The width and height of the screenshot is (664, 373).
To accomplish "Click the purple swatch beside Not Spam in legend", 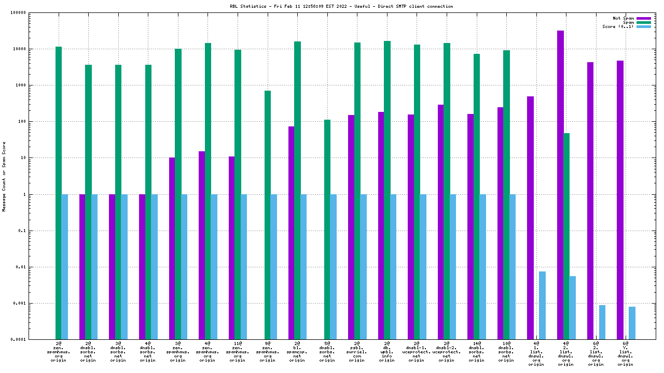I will point(643,18).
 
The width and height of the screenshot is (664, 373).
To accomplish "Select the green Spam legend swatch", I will point(643,22).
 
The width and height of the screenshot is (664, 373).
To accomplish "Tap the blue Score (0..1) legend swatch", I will point(643,26).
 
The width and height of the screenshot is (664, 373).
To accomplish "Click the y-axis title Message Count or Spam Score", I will point(5,176).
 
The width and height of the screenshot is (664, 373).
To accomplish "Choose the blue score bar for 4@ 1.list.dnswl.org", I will point(542,305).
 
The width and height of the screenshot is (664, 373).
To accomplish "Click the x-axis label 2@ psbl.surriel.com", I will point(357,352).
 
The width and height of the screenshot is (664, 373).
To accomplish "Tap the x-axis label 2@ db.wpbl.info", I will point(386,352).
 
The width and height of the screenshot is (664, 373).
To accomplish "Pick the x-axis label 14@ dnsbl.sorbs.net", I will point(476,352).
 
